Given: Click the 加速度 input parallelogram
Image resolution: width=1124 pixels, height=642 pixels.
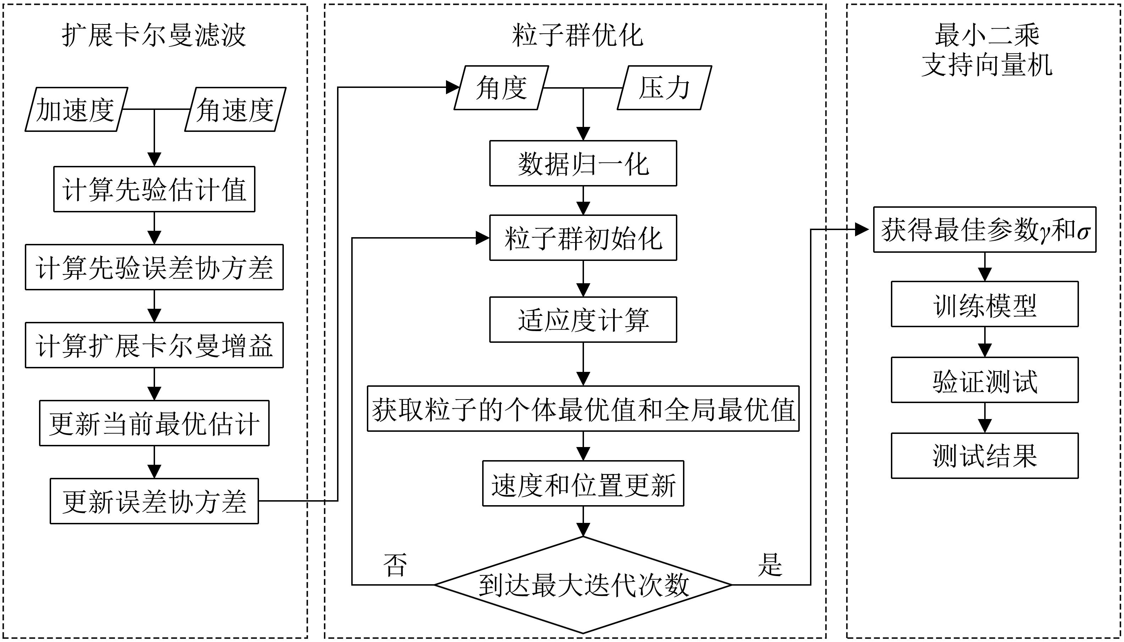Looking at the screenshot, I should point(76,109).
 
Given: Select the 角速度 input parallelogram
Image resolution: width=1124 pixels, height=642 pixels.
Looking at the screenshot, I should point(235,109).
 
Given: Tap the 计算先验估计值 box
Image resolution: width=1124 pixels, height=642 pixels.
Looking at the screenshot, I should point(154,189).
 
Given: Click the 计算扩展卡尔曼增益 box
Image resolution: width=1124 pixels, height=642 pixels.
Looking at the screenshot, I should point(154,345).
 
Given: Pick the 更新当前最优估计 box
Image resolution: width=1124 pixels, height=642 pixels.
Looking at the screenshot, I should point(154,423).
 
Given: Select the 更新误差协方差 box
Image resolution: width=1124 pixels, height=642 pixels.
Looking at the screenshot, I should point(154,501).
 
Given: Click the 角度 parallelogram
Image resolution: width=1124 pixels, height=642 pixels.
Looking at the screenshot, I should point(501,88).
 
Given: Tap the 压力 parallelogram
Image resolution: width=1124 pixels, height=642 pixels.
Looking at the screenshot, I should point(664,88).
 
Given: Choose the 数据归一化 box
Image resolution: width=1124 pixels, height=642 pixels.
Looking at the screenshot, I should point(583,163).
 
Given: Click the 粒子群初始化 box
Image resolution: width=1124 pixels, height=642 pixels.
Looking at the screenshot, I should point(583,238).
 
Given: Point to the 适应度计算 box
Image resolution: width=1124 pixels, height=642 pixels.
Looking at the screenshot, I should point(583,320).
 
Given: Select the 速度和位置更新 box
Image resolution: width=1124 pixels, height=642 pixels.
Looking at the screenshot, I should point(583,484).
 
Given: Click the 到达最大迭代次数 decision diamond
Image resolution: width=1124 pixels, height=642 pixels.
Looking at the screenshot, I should point(583,585).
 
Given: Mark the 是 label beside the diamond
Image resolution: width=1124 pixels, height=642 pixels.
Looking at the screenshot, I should point(770,564).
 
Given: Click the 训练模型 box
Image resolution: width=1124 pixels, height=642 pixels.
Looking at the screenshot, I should point(985,304).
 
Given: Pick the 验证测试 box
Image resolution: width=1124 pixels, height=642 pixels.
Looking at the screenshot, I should point(985,380).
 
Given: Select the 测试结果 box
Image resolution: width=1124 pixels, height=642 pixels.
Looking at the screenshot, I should point(985,456).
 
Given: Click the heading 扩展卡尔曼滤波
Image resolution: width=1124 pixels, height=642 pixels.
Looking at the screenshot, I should point(154,35).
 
